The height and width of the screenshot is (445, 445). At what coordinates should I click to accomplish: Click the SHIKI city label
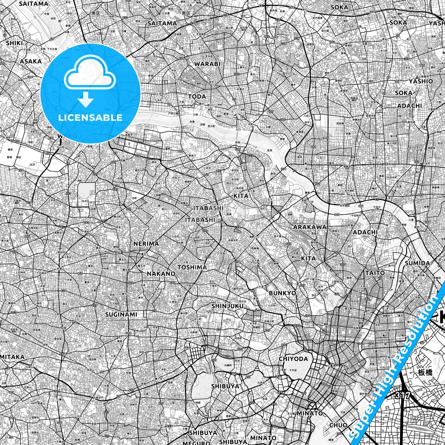14,43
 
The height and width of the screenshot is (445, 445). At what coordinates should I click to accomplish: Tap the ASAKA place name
30,61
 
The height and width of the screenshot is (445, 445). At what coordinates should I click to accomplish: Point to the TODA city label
197,96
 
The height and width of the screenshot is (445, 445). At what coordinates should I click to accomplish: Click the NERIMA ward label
146,244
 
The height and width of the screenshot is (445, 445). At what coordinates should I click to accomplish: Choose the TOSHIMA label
192,267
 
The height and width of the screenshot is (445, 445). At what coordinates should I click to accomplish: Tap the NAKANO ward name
161,273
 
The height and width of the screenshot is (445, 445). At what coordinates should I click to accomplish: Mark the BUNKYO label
282,293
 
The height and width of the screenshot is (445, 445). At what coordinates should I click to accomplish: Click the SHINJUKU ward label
227,306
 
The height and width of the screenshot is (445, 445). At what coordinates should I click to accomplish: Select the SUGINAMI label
121,314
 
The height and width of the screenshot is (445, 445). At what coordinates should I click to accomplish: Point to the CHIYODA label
293,359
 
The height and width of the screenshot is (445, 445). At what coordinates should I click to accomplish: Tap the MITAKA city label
12,357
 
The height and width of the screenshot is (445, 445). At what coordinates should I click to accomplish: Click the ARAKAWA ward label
309,227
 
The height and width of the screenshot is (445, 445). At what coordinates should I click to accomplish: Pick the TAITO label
375,273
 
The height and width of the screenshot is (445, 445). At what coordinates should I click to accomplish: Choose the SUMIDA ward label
417,263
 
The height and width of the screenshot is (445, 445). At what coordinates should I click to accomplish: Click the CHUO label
338,425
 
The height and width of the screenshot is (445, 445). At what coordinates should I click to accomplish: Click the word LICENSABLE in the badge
90,117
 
